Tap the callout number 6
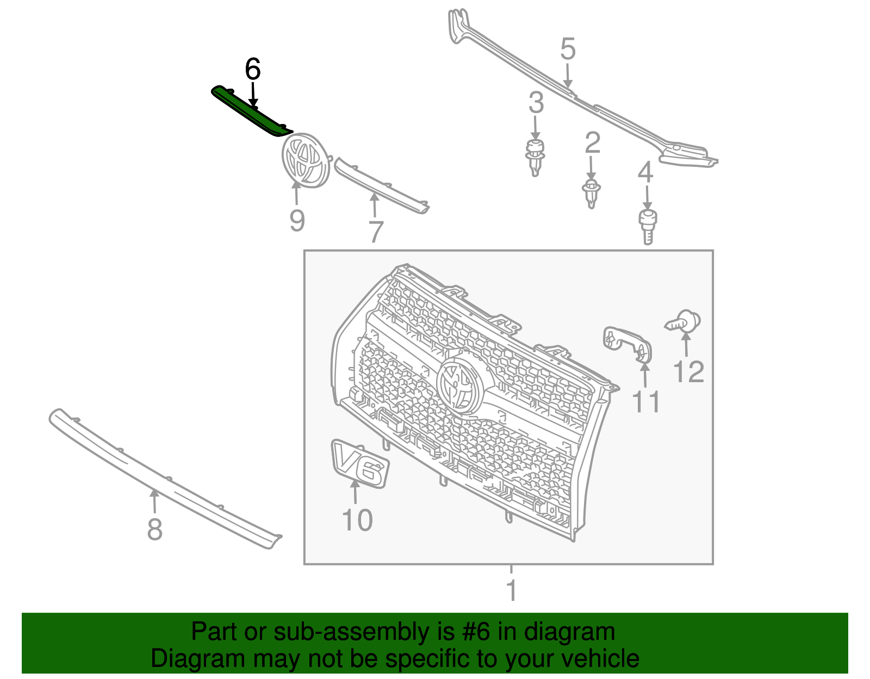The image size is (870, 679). pos(253,70)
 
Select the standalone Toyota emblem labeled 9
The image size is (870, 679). pos(306,160)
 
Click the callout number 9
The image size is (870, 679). pos(296,221)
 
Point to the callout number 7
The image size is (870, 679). pos(376,232)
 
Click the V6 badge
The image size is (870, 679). pos(359,464)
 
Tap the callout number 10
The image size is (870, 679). pos(357,520)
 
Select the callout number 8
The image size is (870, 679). pos(154,529)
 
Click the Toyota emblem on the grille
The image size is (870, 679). pos(459,383)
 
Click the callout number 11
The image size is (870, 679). pos(645,402)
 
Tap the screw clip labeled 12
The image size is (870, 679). pos(684,322)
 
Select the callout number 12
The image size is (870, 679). pos(688,372)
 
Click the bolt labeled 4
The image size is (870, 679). pos(647,226)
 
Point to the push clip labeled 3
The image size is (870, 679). pos(536,157)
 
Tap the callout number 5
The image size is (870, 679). pos(568,49)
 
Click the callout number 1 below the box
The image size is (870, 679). pos(511,591)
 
